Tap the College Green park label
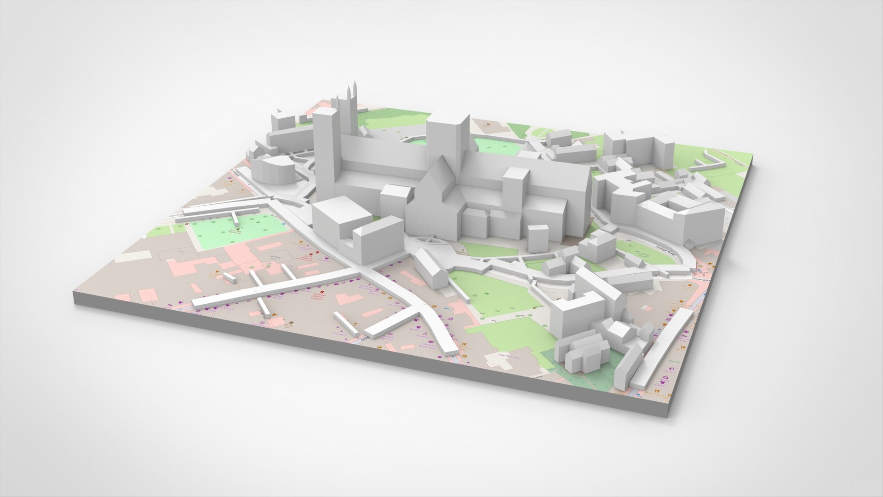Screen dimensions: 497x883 (643, 253)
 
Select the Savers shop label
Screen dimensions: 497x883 (672, 371)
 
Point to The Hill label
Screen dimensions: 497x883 (671, 362)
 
